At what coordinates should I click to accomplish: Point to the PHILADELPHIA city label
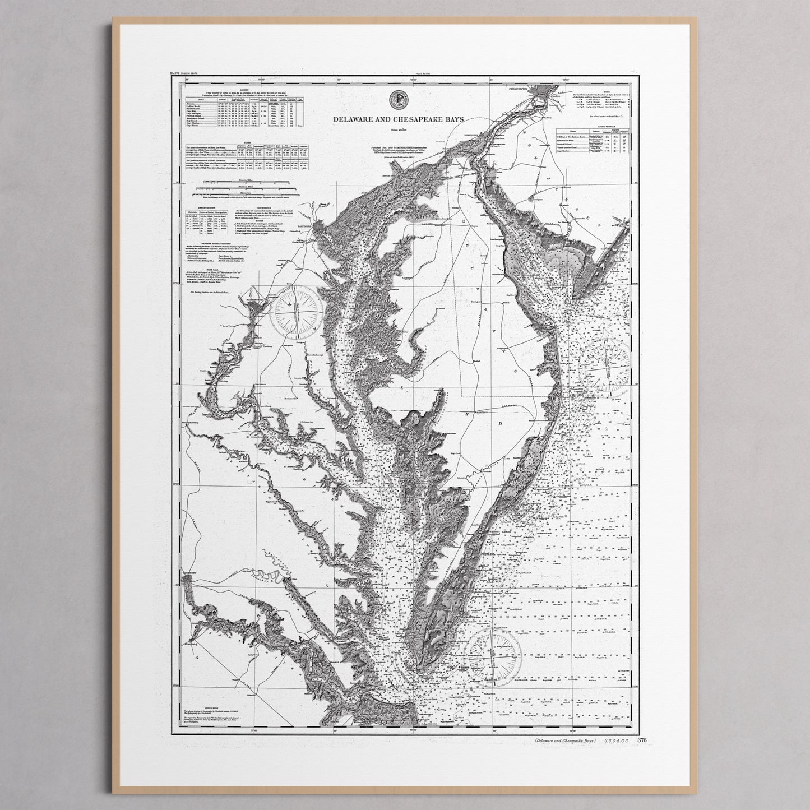518,89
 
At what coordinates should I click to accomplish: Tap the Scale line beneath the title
399,131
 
